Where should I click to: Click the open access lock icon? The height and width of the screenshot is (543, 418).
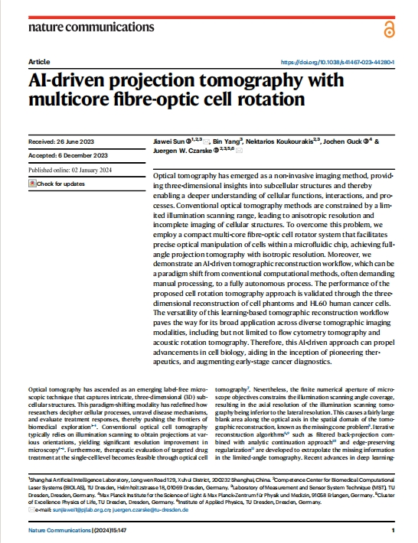389,28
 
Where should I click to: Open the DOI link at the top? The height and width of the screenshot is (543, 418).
338,62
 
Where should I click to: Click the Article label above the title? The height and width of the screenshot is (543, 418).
38,61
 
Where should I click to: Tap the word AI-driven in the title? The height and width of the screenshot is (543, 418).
67,80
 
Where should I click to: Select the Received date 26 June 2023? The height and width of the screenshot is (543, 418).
57,142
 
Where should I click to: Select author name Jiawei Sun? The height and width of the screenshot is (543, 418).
169,142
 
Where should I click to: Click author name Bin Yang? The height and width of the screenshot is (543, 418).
227,142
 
